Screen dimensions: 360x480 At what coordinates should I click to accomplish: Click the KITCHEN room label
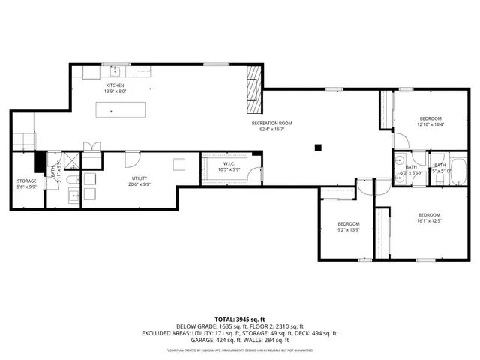coord(115,86)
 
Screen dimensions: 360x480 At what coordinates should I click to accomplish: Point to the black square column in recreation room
coord(318,147)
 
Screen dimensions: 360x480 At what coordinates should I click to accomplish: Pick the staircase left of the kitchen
coord(24,140)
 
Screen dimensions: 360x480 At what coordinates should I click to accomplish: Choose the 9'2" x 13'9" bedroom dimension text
coord(348,229)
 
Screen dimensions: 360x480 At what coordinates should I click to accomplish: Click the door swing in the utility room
coord(130,159)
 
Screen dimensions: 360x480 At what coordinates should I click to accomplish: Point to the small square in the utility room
coord(179,164)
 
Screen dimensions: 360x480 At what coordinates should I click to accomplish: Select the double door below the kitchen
coord(91,148)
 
